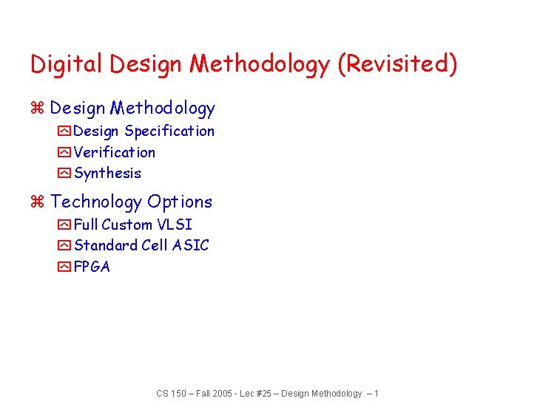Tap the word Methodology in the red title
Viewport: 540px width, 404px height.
[x=259, y=65]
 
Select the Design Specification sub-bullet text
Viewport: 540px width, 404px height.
[x=144, y=131]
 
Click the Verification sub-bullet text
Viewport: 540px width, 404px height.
[x=115, y=153]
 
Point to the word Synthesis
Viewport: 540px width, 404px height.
[x=107, y=174]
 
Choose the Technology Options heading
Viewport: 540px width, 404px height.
[x=131, y=202]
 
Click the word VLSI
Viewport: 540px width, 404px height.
[x=175, y=225]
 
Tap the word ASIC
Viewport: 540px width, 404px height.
[x=190, y=245]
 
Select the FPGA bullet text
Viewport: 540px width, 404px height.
[x=92, y=267]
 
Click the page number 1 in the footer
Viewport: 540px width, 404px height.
[x=377, y=394]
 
